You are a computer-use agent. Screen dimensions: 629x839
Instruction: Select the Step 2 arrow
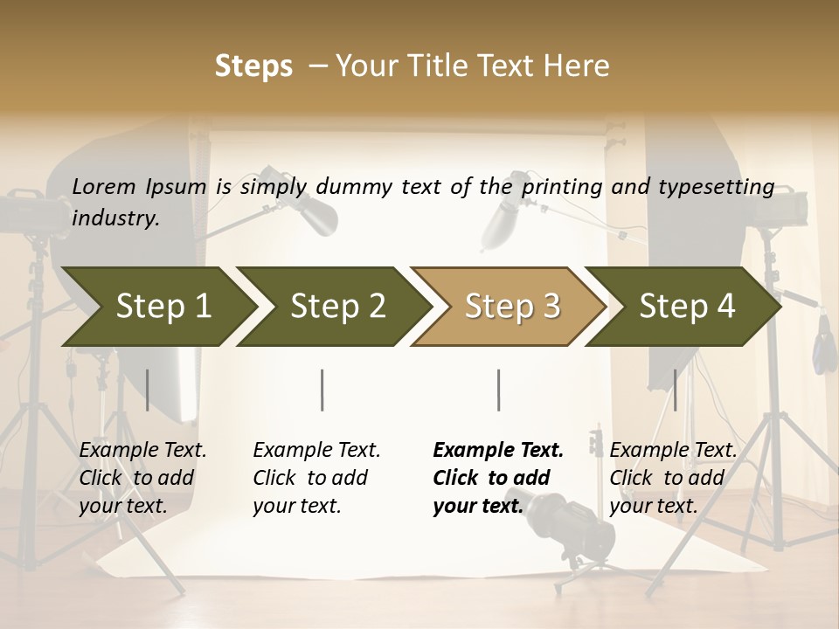[336, 307]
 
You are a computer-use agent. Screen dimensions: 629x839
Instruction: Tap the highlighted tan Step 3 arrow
[511, 307]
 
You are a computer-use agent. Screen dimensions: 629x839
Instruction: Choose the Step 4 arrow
[686, 307]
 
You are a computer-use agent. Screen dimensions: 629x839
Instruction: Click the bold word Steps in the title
[253, 66]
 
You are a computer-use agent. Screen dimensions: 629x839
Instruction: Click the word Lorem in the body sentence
[104, 186]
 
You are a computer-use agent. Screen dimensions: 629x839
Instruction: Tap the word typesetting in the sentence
[711, 186]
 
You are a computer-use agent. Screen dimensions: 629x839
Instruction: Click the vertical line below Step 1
[148, 390]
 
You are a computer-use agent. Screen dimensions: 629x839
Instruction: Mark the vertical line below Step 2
[322, 390]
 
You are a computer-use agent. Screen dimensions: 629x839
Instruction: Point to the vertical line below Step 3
[498, 390]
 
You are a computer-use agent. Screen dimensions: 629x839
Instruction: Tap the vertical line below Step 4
[675, 390]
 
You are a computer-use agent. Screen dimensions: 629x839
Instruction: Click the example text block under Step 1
[142, 478]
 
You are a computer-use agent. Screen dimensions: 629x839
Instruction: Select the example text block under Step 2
[316, 478]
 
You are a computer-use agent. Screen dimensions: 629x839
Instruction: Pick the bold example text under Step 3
[498, 478]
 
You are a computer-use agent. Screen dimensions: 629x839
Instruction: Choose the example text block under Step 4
[673, 478]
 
